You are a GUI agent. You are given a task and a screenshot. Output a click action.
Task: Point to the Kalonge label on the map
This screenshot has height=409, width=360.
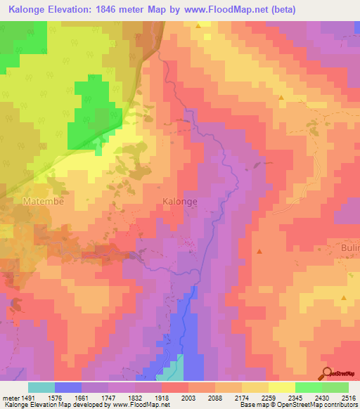(x=179, y=202)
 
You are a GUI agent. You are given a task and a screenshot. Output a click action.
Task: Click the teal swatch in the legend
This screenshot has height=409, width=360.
(x=41, y=387)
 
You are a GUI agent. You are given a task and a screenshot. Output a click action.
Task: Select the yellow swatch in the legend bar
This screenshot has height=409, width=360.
(x=282, y=387)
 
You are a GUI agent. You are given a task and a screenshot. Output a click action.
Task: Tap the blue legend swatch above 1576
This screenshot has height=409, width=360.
(x=68, y=387)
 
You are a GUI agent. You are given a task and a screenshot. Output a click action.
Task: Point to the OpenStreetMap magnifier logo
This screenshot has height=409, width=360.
(x=326, y=374)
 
